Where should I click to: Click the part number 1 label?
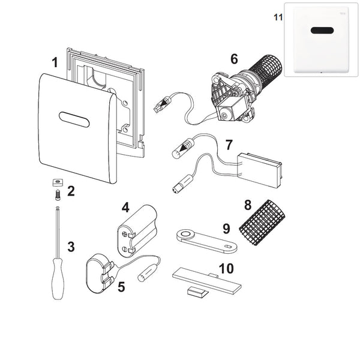[55, 62]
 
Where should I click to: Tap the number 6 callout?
[233, 59]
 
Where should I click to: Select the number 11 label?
[277, 17]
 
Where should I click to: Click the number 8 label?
[247, 205]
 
